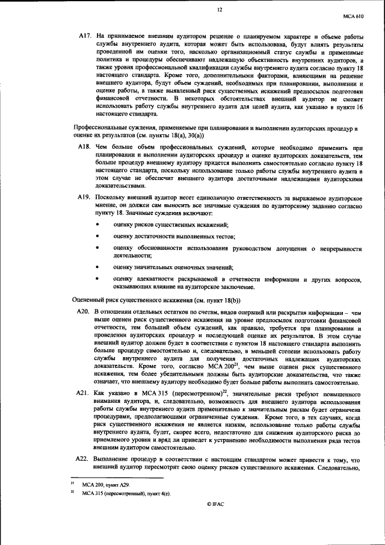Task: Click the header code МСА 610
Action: click(x=353, y=19)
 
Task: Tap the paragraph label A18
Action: click(x=84, y=146)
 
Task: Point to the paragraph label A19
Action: click(x=84, y=198)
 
